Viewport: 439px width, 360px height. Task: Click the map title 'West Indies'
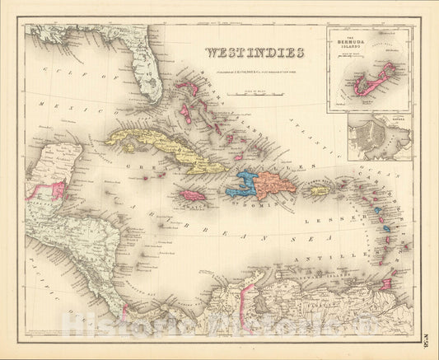pos(254,54)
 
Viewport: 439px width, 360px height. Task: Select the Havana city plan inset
pos(379,137)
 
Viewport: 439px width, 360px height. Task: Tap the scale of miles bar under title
pos(252,93)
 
